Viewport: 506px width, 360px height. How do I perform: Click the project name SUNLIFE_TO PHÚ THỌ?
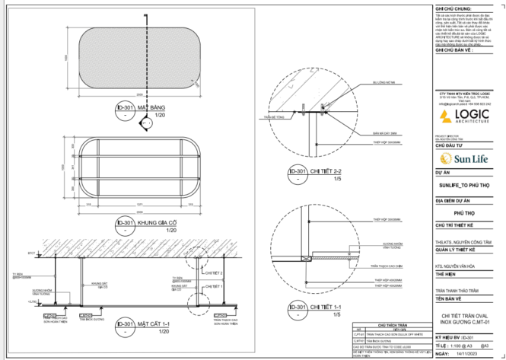pos(459,185)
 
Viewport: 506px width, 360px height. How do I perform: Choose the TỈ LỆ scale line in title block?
pos(454,344)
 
